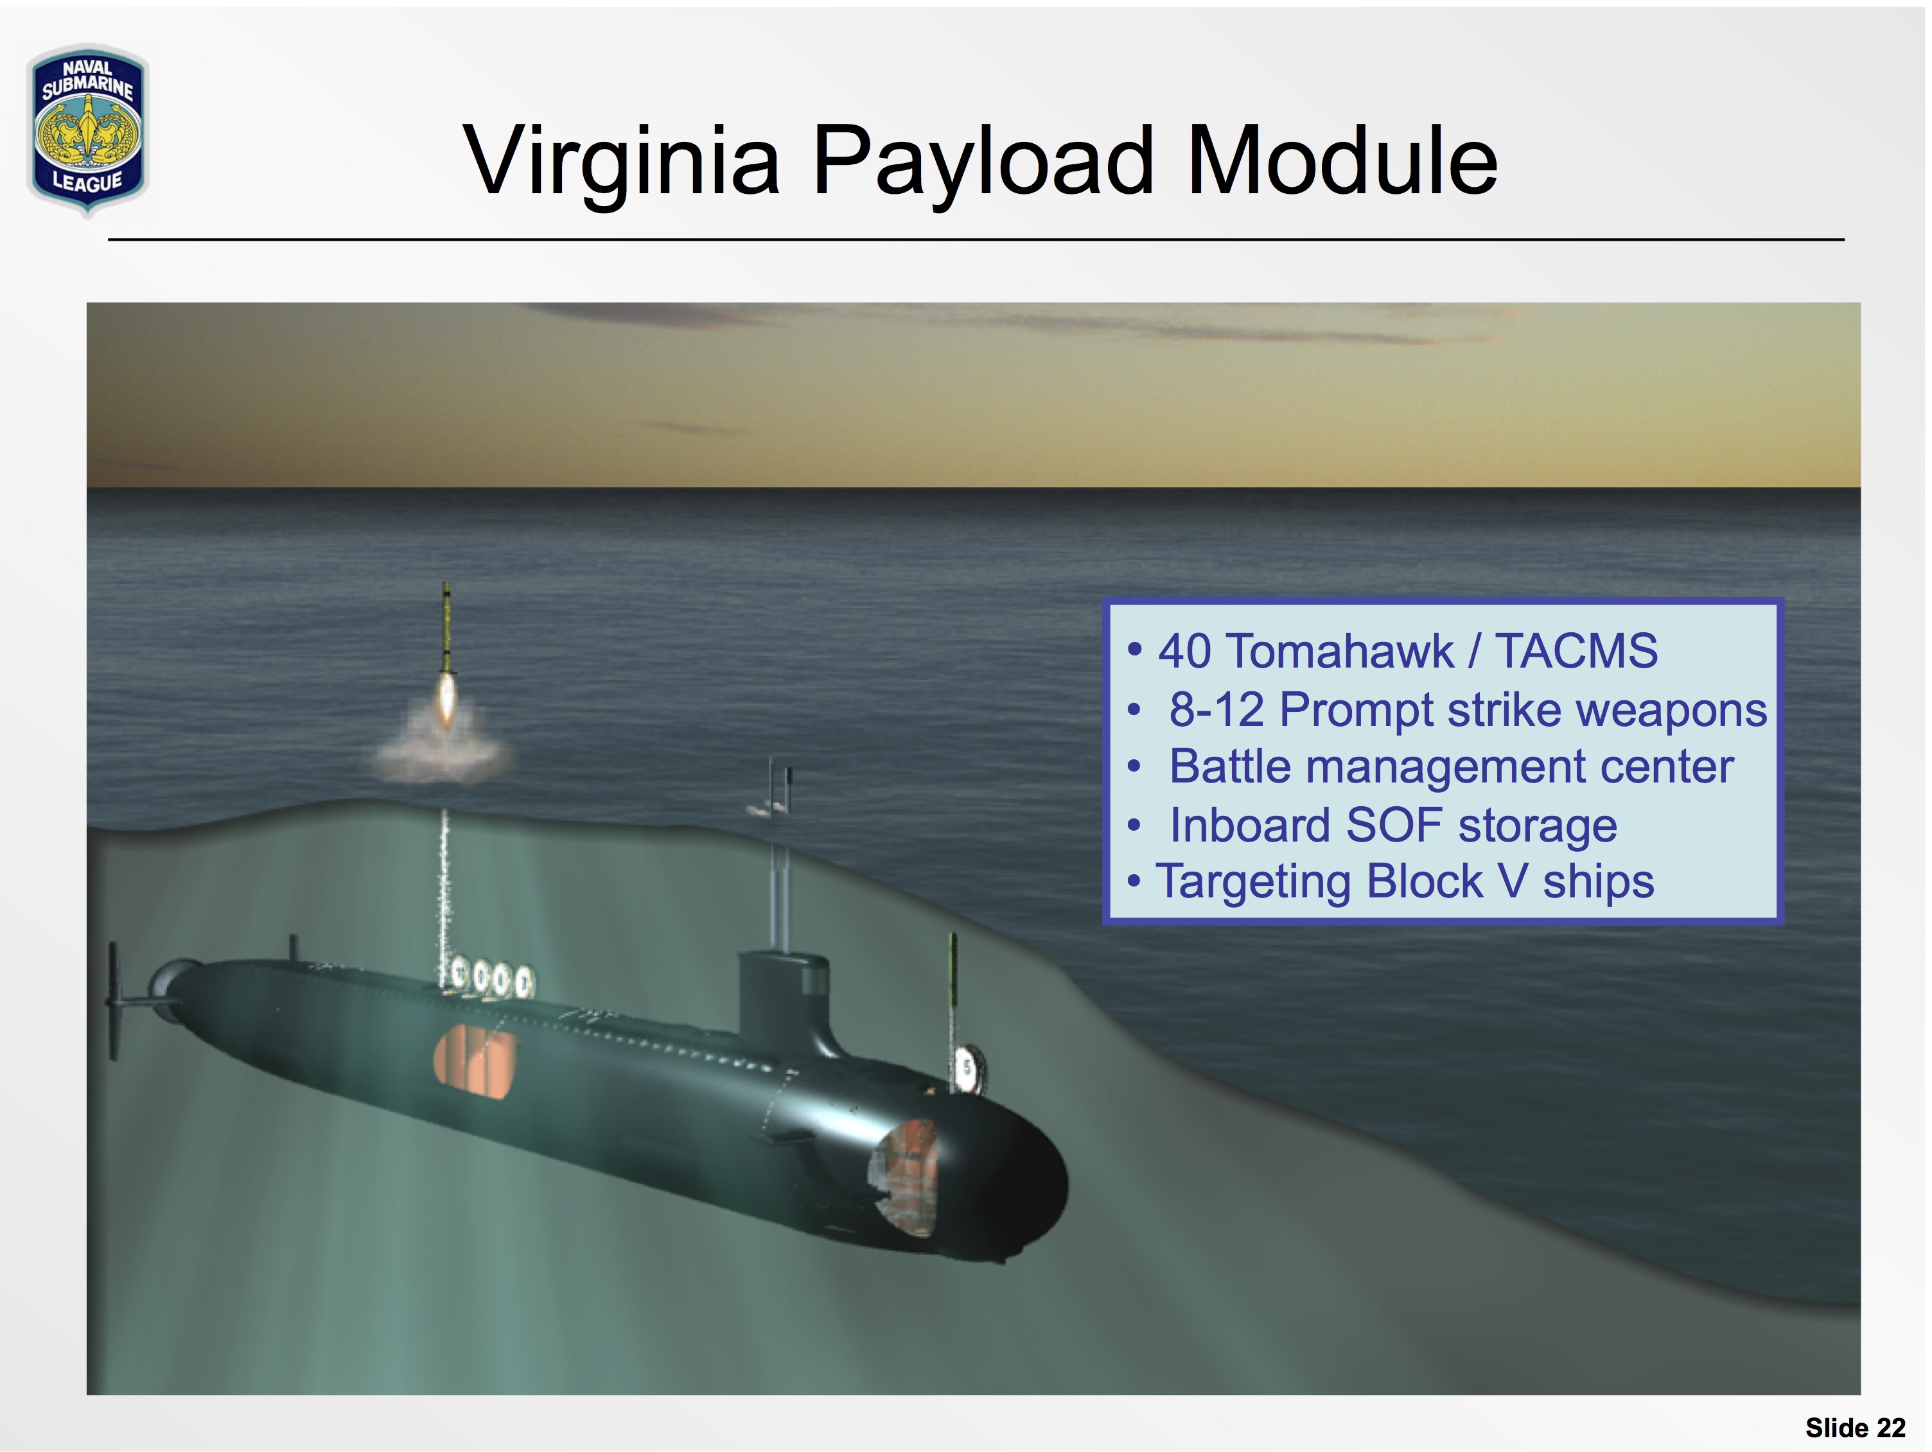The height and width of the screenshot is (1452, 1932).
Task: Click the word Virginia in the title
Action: click(x=621, y=162)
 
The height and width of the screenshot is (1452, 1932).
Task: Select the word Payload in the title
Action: click(x=983, y=162)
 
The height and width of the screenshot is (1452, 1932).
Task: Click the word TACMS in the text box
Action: click(x=1577, y=652)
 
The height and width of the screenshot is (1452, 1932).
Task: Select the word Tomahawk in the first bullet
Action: click(x=1340, y=652)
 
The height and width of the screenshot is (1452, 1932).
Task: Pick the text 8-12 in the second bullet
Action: click(x=1216, y=709)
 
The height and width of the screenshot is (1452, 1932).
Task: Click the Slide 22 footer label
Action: click(x=1855, y=1428)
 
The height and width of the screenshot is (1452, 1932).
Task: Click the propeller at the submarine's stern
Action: click(x=114, y=1001)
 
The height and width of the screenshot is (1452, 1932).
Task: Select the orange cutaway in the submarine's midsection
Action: click(x=474, y=1062)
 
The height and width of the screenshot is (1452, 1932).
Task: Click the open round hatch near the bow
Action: click(x=968, y=1068)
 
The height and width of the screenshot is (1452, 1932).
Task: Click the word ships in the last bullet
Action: click(x=1599, y=883)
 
